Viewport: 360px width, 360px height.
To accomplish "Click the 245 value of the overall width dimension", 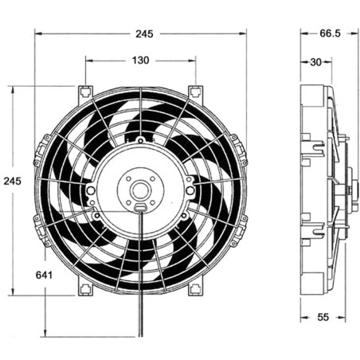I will pyautogui.click(x=144, y=34).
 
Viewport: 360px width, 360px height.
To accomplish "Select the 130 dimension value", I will pyautogui.click(x=139, y=61).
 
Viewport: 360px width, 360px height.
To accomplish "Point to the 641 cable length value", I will pyautogui.click(x=45, y=276).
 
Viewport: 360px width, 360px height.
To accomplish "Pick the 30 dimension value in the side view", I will pyautogui.click(x=315, y=61).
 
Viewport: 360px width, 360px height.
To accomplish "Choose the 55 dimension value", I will pyautogui.click(x=323, y=317).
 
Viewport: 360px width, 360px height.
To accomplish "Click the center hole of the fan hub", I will pyautogui.click(x=140, y=190).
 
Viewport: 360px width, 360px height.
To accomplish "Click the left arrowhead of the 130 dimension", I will pyautogui.click(x=88, y=61).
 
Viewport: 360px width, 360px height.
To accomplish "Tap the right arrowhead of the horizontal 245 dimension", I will pyautogui.click(x=244, y=34).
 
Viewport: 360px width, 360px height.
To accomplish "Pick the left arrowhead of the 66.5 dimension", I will pyautogui.click(x=303, y=34).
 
